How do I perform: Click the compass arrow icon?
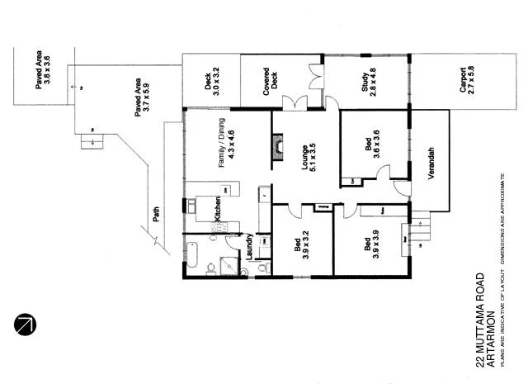pos(26,325)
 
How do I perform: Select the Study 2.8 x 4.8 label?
pos(368,82)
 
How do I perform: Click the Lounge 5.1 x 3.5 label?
pos(308,151)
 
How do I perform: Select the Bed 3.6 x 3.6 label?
pos(370,145)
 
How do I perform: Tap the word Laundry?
pos(248,248)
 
